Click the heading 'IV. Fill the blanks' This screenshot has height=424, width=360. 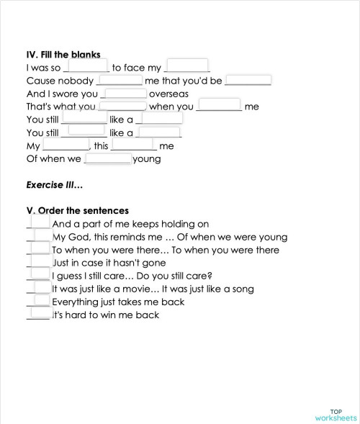pyautogui.click(x=63, y=54)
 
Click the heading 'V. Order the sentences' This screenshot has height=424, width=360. pyautogui.click(x=77, y=211)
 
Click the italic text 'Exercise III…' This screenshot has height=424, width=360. pyautogui.click(x=55, y=184)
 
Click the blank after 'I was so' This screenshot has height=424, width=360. pyautogui.click(x=86, y=67)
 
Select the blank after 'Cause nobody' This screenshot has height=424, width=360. pyautogui.click(x=120, y=81)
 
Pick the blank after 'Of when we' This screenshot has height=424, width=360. pyautogui.click(x=107, y=158)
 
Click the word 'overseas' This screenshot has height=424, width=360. pyautogui.click(x=168, y=94)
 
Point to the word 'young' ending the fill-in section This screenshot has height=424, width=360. pyautogui.click(x=147, y=159)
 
